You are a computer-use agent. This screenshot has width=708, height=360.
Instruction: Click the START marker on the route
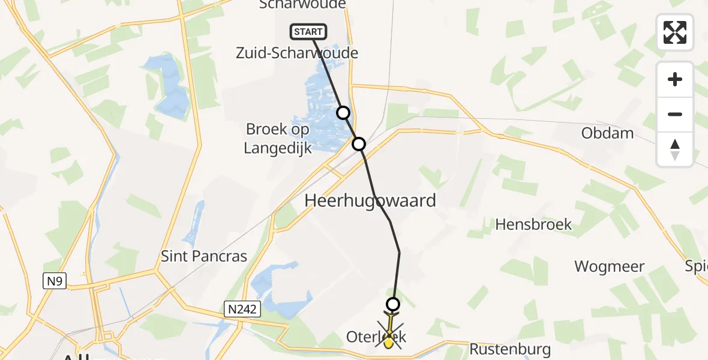(x=308, y=31)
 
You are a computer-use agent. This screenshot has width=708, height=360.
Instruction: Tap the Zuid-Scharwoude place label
(x=298, y=53)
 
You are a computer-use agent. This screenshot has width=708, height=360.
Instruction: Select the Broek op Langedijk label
(x=278, y=139)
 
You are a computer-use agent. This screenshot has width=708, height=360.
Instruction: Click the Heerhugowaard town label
(x=370, y=200)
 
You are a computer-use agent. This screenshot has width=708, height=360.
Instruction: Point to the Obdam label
(x=607, y=133)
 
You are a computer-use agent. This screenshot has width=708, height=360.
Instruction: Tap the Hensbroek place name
(x=533, y=225)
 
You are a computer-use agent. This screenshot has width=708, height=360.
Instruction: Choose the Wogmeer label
(x=610, y=266)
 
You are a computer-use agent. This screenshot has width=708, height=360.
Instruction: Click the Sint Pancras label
(x=204, y=256)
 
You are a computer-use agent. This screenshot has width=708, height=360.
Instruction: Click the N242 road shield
(x=243, y=308)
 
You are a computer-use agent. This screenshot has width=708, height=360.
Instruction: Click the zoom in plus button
(x=675, y=79)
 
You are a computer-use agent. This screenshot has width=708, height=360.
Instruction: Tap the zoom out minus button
(x=675, y=114)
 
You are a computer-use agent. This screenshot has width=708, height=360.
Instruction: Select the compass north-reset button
(x=675, y=149)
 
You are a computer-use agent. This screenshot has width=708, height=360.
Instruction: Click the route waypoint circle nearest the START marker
(x=343, y=113)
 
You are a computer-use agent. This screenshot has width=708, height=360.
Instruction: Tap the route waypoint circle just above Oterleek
(x=393, y=304)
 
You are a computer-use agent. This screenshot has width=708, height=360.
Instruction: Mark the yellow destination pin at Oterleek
(x=389, y=342)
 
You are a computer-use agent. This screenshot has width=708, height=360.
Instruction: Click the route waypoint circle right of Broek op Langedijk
(x=359, y=144)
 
